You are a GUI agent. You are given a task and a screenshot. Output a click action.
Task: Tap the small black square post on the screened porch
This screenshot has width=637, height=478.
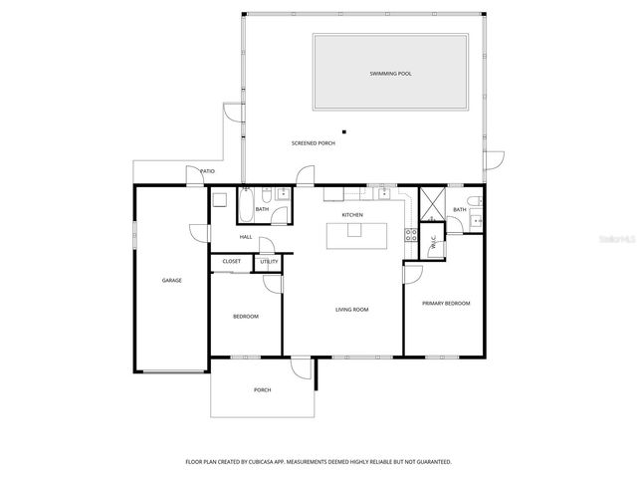click(343, 131)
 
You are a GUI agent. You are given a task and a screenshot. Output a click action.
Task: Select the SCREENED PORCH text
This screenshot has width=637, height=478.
click(313, 143)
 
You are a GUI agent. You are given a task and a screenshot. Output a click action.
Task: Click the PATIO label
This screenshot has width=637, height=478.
click(207, 171)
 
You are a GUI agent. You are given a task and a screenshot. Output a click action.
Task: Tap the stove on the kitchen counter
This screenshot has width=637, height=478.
click(409, 235)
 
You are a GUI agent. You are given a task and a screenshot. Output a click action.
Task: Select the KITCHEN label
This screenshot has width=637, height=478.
click(352, 215)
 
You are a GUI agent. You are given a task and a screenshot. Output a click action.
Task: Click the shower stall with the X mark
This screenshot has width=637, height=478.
click(432, 203)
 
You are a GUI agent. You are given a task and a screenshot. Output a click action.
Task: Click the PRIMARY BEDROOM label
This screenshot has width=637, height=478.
click(445, 303)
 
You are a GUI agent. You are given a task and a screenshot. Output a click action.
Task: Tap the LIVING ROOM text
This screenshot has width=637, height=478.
click(351, 310)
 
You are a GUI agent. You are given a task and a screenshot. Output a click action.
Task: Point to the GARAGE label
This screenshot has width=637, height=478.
click(171, 281)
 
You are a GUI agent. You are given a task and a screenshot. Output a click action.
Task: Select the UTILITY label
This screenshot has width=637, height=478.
click(269, 262)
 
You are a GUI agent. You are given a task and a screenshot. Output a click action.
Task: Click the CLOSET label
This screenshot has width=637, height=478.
click(231, 262)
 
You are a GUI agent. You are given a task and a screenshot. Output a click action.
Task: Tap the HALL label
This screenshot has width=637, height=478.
click(245, 237)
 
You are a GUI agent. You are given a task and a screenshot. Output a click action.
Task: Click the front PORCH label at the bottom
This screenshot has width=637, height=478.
click(263, 389)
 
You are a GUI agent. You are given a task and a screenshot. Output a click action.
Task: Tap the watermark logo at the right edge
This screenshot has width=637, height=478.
click(613, 240)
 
